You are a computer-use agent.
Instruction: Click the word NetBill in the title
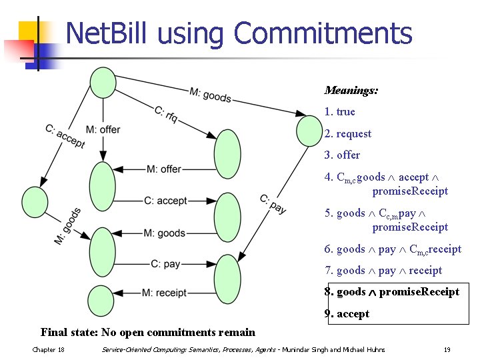pos(111,33)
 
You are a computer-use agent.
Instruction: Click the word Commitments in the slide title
pos(323,33)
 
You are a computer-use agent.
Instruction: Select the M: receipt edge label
pos(164,293)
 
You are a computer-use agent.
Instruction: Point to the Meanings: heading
pos(351,90)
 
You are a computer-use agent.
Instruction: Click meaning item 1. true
pos(339,111)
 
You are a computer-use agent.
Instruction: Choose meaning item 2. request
pos(347,133)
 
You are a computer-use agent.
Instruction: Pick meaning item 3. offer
pos(342,155)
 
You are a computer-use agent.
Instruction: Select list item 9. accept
pos(347,313)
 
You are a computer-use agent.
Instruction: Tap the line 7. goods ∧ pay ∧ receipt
pos(383,270)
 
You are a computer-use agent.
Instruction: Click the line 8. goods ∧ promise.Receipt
pos(391,291)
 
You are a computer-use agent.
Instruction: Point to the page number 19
pos(447,350)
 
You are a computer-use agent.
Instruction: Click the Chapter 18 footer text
pos(48,350)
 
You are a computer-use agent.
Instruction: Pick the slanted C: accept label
pos(65,137)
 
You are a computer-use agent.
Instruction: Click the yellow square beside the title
pos(29,33)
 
